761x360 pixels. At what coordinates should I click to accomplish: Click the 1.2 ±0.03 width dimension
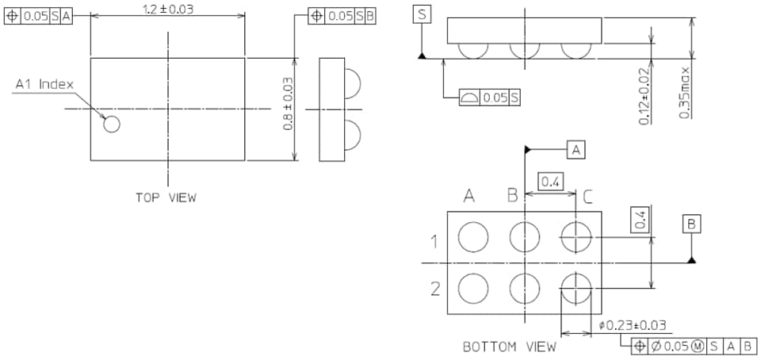tap(167, 9)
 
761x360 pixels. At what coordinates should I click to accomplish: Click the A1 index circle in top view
tap(112, 124)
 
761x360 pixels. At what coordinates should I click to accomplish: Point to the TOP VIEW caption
tap(166, 197)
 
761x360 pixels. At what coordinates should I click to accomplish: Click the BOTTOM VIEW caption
tap(510, 347)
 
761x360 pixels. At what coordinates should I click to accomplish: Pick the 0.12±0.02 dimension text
tap(644, 97)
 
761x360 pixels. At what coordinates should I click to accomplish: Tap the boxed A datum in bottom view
tap(576, 148)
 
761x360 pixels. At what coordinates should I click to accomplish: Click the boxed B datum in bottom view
tap(691, 225)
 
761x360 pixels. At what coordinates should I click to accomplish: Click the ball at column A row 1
tap(474, 236)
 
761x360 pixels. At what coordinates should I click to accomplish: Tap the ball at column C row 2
tap(576, 287)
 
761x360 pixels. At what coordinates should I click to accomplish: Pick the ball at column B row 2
tap(525, 287)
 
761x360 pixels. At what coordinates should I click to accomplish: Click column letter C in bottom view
tap(587, 196)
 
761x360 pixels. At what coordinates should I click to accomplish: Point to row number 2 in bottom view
tap(434, 288)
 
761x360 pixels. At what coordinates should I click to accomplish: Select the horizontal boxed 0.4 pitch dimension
tap(550, 182)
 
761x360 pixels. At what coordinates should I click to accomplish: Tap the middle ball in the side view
tap(525, 50)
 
